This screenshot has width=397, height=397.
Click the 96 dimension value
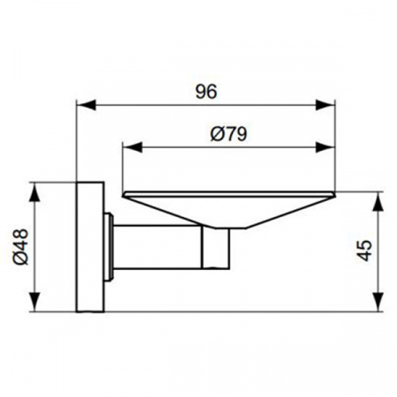pyautogui.click(x=206, y=90)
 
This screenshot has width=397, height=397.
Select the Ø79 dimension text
pyautogui.click(x=227, y=134)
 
